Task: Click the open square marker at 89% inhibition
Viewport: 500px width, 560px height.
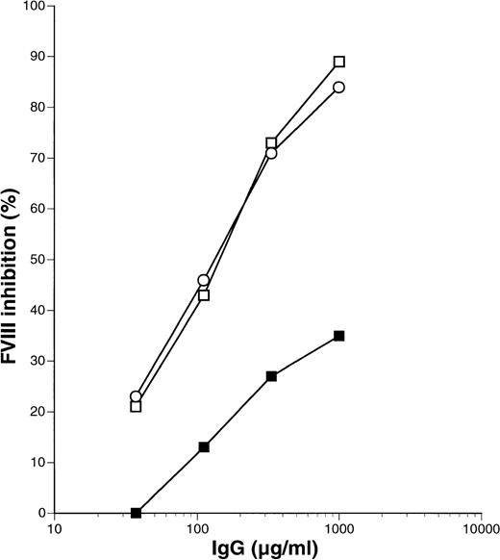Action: [339, 62]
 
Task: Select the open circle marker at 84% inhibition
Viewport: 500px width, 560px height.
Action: [339, 88]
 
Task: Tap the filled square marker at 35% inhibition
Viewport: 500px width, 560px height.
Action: [339, 336]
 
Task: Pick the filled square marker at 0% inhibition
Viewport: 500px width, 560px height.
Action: [136, 513]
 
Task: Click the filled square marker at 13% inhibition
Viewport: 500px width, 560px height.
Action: [204, 447]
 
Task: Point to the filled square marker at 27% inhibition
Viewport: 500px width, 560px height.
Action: [272, 376]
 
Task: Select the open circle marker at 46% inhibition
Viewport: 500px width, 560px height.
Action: [204, 280]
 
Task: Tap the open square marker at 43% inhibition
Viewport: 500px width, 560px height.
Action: [204, 295]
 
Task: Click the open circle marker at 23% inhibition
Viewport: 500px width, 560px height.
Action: [136, 396]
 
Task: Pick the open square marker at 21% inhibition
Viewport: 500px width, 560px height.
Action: [136, 407]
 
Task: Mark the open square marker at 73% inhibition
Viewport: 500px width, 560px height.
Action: [272, 143]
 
